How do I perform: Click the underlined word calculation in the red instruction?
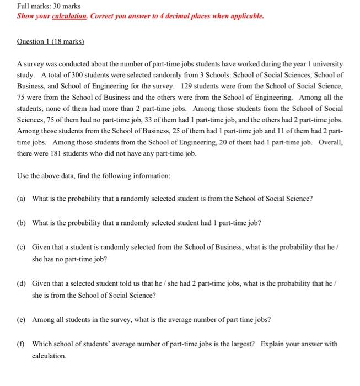pyautogui.click(x=67, y=17)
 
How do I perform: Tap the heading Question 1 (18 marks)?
pyautogui.click(x=50, y=42)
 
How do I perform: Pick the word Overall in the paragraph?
pyautogui.click(x=330, y=142)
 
